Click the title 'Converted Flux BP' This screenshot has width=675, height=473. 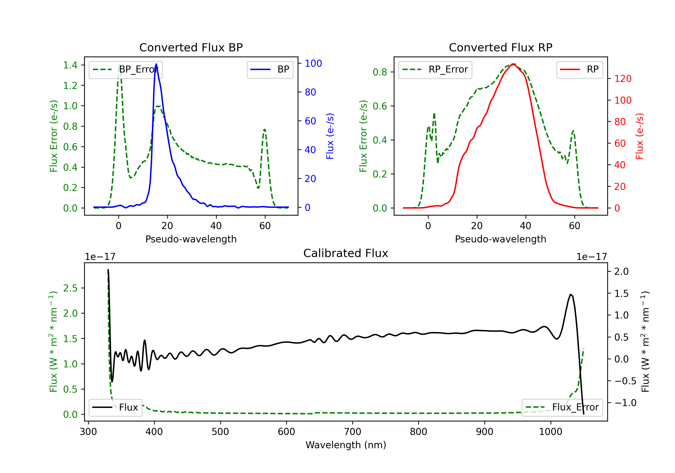point(191,47)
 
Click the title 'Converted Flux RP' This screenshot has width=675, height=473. point(500,47)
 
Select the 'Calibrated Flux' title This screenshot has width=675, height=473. point(346,253)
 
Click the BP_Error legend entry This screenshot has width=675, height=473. point(126,69)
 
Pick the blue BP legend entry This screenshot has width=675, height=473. point(270,69)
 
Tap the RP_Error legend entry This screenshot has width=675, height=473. point(435,69)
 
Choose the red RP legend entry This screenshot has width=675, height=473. point(579,69)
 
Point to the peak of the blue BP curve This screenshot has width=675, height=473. point(156,64)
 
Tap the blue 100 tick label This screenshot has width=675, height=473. point(313,63)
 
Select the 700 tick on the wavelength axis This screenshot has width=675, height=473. point(353,432)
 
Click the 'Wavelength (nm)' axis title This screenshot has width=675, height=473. point(346,445)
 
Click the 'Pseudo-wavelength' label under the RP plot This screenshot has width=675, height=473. point(500,239)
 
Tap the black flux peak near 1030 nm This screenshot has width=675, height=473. point(570,294)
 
